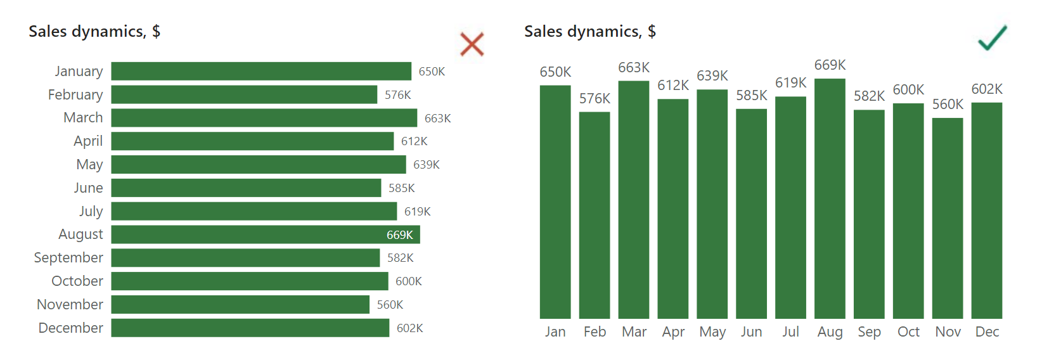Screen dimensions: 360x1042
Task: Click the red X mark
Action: [472, 44]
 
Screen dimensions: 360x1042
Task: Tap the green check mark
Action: [992, 38]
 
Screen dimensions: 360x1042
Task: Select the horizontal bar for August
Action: [266, 235]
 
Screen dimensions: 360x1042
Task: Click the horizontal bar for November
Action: [240, 304]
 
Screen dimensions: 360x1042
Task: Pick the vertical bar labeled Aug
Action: [830, 198]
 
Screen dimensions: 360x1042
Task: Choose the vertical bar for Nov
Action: [948, 218]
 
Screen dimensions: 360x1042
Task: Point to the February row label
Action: [75, 94]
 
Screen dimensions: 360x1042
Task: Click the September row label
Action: [68, 257]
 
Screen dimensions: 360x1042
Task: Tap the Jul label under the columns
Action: [790, 331]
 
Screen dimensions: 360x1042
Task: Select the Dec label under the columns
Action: [987, 331]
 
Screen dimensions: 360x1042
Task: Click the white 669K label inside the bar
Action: [400, 235]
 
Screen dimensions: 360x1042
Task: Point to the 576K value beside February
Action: [398, 95]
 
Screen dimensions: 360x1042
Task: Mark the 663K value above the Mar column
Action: [634, 67]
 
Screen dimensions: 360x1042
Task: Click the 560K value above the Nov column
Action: [948, 104]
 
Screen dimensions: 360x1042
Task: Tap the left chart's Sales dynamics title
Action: [94, 31]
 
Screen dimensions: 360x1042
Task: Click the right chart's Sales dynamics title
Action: [590, 31]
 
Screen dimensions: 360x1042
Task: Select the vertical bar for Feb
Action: [595, 215]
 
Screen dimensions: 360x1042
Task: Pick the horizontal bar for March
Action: [264, 118]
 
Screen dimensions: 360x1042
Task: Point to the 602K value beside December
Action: [410, 328]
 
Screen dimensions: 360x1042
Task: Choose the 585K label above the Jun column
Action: [752, 95]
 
